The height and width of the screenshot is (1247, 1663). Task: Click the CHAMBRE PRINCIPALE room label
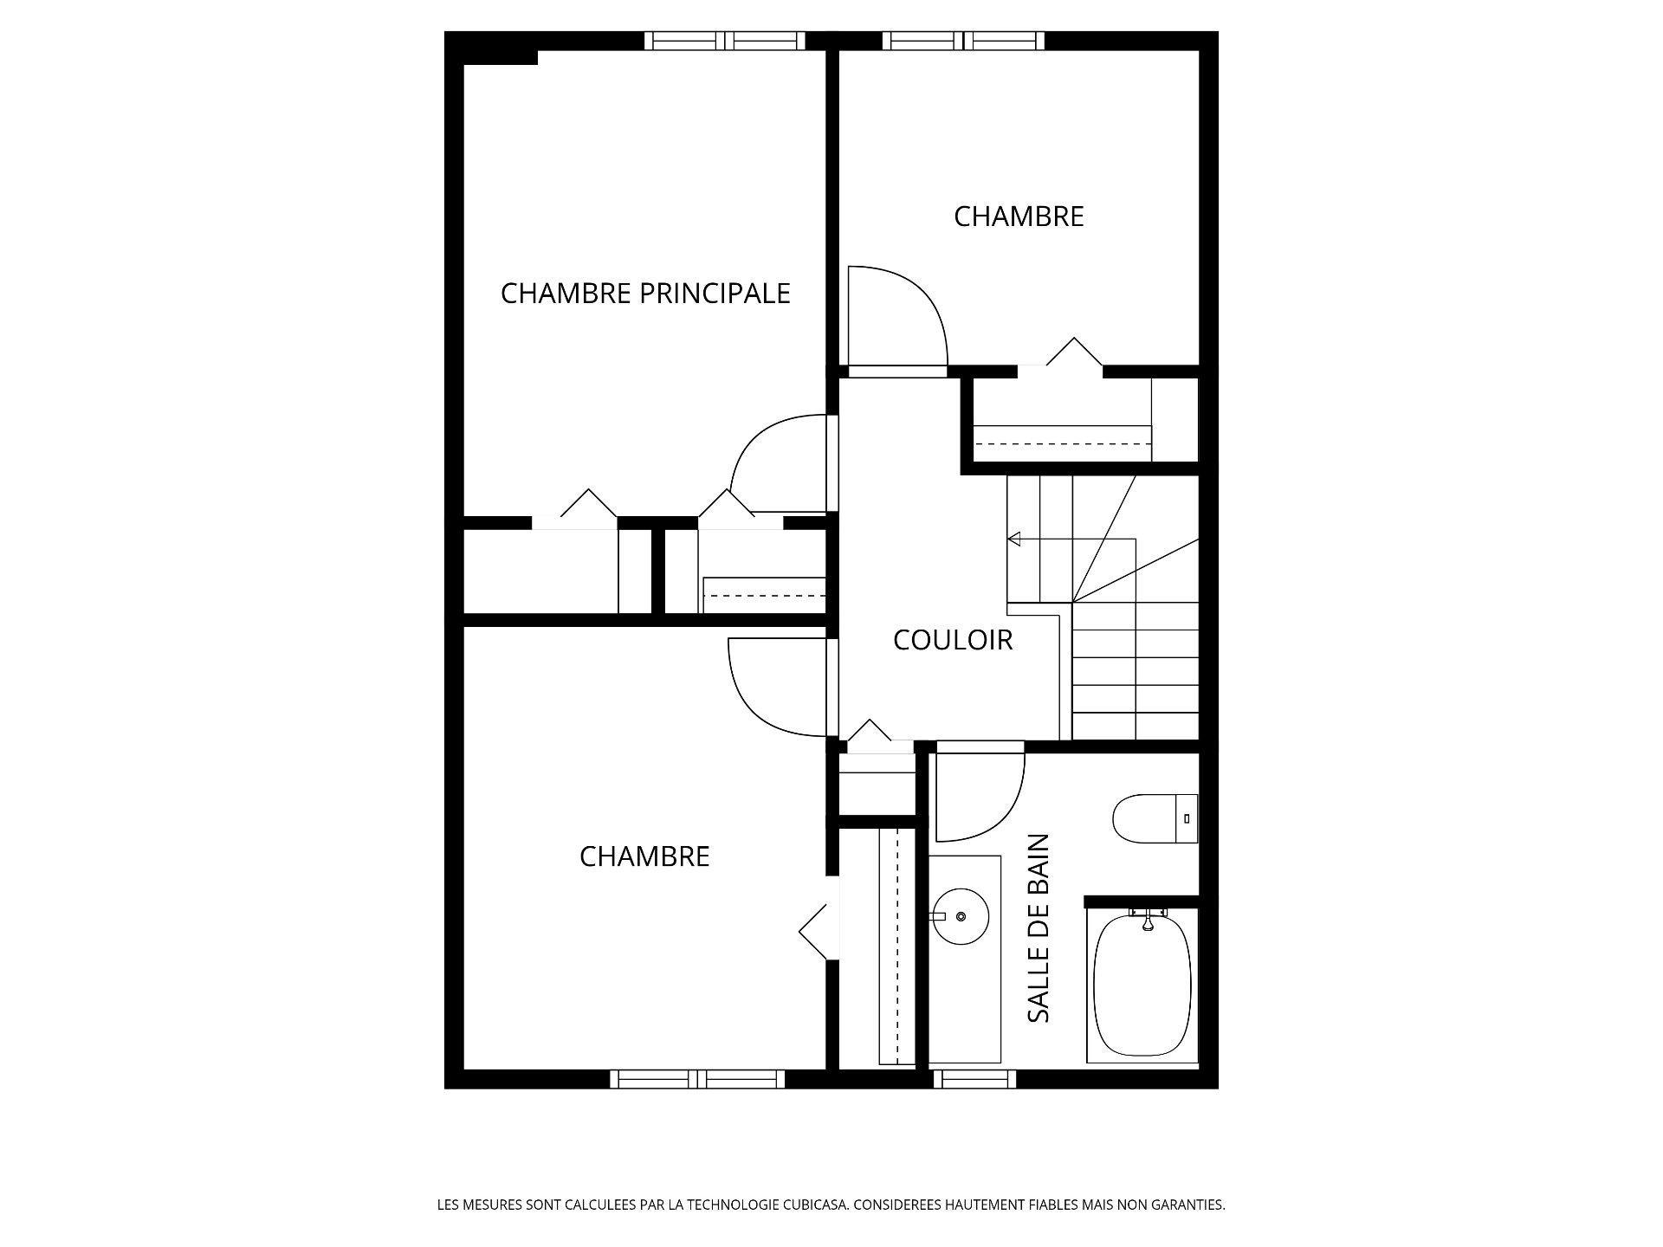645,294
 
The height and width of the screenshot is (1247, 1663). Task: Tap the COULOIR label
953,640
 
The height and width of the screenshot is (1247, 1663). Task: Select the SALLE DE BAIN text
1039,927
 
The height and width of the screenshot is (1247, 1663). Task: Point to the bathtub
1142,985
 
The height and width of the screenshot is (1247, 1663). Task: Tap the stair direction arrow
1015,540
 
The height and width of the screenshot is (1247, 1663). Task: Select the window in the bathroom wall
974,1079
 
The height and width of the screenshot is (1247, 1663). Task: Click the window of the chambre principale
726,41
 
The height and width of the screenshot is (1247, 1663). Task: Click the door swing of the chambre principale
775,463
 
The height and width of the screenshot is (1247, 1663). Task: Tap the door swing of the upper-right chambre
896,316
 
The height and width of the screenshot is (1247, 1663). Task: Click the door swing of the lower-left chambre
775,688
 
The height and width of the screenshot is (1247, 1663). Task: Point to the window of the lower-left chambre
697,1079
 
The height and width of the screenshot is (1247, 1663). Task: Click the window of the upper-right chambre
963,41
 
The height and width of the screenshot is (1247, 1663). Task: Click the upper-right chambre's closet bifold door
1074,352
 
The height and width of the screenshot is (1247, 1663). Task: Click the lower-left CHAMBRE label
644,856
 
